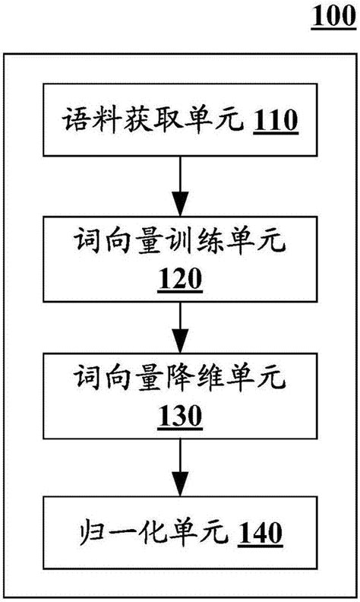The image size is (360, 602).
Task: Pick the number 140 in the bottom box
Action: [261, 531]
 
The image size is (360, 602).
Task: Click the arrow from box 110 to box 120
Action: [179, 185]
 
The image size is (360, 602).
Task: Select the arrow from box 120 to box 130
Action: [179, 327]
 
